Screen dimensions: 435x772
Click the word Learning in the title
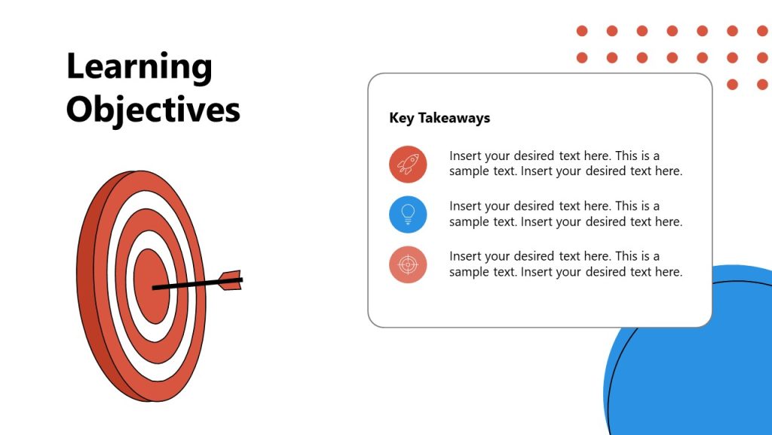(x=139, y=68)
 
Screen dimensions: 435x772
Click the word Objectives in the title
(x=153, y=110)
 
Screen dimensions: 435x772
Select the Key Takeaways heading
(x=440, y=118)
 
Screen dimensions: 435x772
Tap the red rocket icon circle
(x=408, y=164)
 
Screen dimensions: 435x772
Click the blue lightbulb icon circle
(x=408, y=214)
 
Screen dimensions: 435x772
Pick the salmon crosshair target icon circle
(x=408, y=264)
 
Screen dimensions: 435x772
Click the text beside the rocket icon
(x=565, y=163)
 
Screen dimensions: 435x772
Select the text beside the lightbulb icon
(x=565, y=214)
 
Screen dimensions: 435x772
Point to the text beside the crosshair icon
(x=565, y=264)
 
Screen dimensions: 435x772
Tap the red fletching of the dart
(x=231, y=280)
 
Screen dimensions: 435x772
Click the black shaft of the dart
(x=188, y=285)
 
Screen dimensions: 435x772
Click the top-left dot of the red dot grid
(x=582, y=31)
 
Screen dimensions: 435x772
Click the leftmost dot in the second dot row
(x=582, y=57)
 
